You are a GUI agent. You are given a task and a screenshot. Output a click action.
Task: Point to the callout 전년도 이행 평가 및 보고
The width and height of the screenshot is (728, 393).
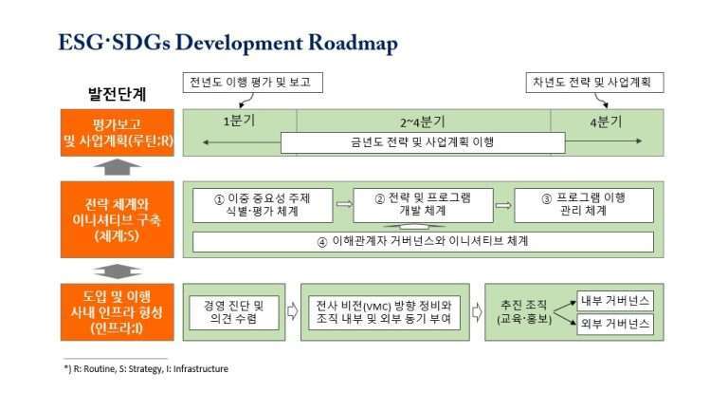pyautogui.click(x=251, y=83)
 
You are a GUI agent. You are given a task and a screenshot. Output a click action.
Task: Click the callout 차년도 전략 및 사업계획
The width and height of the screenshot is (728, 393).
pyautogui.click(x=593, y=83)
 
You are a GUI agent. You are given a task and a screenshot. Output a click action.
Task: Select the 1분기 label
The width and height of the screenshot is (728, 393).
pyautogui.click(x=239, y=122)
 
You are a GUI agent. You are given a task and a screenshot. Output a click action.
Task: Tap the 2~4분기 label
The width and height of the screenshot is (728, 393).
pyautogui.click(x=423, y=122)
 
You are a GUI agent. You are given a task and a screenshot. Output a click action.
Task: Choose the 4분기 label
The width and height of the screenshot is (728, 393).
pyautogui.click(x=607, y=122)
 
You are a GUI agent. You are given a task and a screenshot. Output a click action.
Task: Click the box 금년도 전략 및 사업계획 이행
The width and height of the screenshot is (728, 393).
pyautogui.click(x=423, y=143)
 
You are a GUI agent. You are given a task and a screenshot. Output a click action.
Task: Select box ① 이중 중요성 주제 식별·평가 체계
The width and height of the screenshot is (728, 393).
pyautogui.click(x=263, y=204)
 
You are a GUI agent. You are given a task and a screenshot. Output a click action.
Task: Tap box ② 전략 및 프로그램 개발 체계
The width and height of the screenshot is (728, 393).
pyautogui.click(x=424, y=204)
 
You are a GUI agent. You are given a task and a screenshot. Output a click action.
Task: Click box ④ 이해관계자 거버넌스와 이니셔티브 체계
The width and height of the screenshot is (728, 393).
pyautogui.click(x=423, y=241)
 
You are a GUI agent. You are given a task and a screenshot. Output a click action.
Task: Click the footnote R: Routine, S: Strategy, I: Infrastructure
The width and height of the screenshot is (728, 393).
pyautogui.click(x=146, y=368)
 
